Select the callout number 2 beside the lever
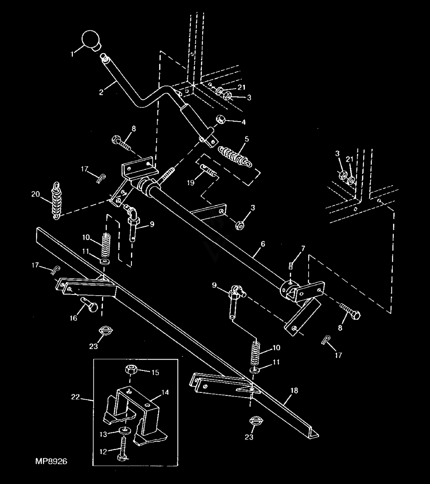[101, 92]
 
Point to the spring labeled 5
[234, 156]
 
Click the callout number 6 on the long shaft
[263, 244]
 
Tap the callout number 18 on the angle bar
[294, 390]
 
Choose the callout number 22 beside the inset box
[75, 397]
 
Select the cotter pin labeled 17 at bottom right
[326, 340]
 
